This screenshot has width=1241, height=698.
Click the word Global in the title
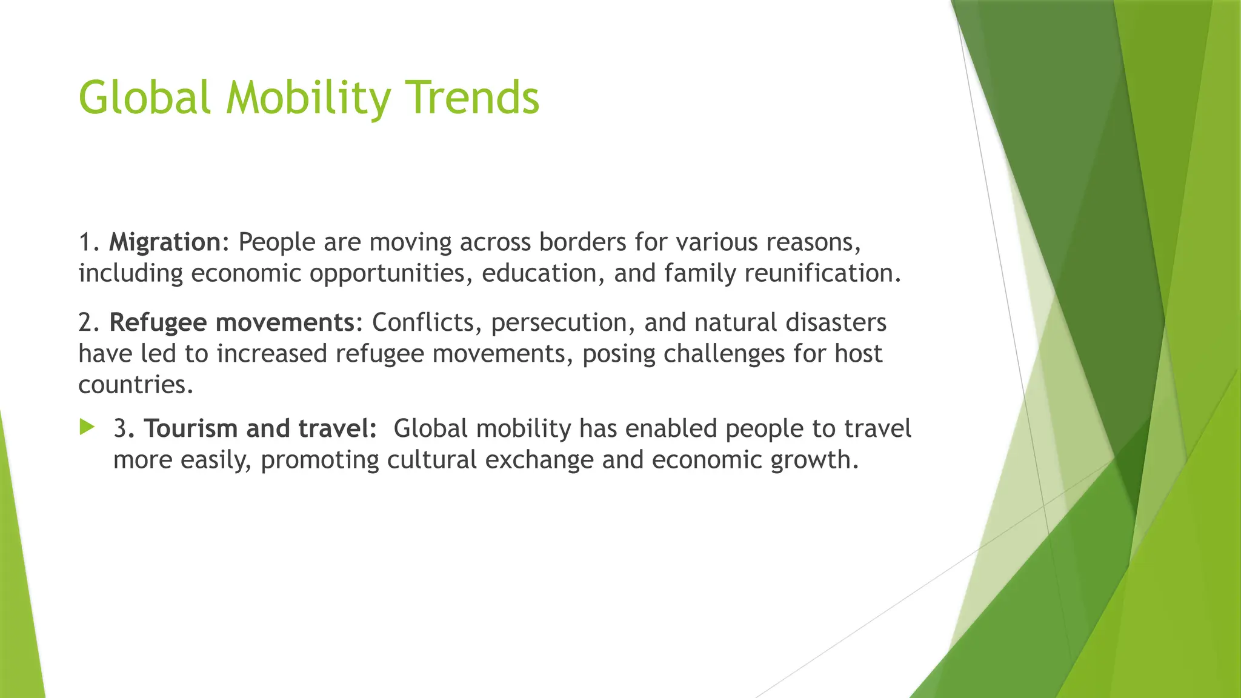coord(144,97)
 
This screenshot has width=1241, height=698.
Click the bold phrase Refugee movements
coord(231,322)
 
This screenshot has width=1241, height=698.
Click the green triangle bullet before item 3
coord(87,428)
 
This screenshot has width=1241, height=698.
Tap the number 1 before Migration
coord(85,242)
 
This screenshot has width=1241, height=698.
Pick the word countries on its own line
coord(135,385)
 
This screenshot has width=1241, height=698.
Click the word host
coord(858,354)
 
